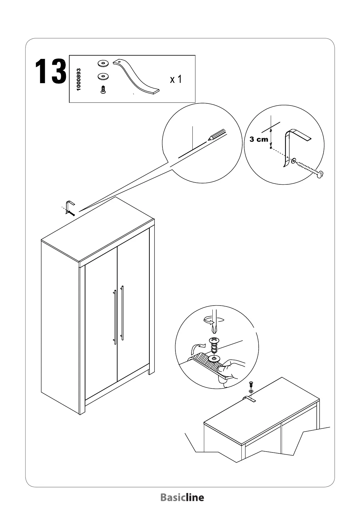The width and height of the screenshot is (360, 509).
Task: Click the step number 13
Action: coord(51,72)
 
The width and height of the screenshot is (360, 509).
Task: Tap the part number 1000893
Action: coord(79,79)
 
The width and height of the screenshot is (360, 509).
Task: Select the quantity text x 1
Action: coord(176,79)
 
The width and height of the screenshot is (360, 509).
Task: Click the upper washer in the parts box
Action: coord(103,63)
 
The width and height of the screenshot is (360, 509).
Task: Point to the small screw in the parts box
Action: coord(103,90)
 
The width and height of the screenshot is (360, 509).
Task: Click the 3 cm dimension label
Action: coord(259,139)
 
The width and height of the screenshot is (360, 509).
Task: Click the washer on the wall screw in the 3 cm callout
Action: coord(293,160)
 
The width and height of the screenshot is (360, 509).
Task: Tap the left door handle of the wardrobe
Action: coord(115,317)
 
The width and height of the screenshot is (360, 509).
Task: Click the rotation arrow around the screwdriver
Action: coord(214,320)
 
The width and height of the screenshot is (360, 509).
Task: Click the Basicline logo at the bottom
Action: coord(182,497)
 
